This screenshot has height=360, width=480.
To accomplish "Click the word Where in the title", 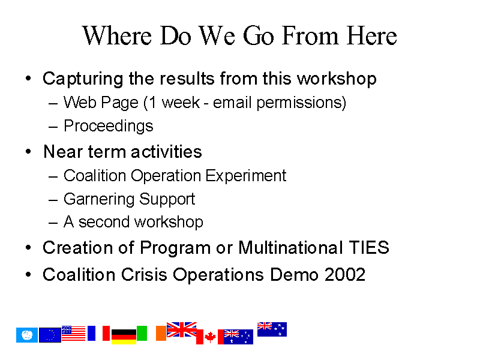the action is [x=117, y=35].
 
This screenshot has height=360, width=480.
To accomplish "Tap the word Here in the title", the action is [x=372, y=35].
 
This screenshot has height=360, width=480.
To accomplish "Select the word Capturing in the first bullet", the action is [x=83, y=79].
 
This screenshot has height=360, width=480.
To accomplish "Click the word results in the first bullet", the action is [x=187, y=79].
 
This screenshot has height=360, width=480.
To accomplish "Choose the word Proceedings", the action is [x=109, y=127].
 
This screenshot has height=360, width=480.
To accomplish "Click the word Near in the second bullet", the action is [x=63, y=152].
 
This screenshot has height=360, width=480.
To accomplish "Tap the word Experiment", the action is [x=246, y=176].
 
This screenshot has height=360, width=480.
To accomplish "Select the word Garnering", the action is [x=99, y=200].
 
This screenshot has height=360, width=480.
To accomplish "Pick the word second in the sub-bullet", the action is [x=104, y=222].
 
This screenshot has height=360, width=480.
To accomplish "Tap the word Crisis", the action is [x=144, y=274].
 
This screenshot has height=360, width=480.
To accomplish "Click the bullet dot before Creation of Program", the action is [x=28, y=247].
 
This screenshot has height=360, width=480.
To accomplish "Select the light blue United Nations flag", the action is [x=27, y=335].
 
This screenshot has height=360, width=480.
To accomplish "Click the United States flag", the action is [x=73, y=333].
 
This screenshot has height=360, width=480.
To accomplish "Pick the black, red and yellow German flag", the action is [x=124, y=337].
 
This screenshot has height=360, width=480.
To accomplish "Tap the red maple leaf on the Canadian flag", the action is [x=210, y=337].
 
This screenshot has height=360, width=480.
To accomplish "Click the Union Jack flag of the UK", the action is [x=182, y=329].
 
